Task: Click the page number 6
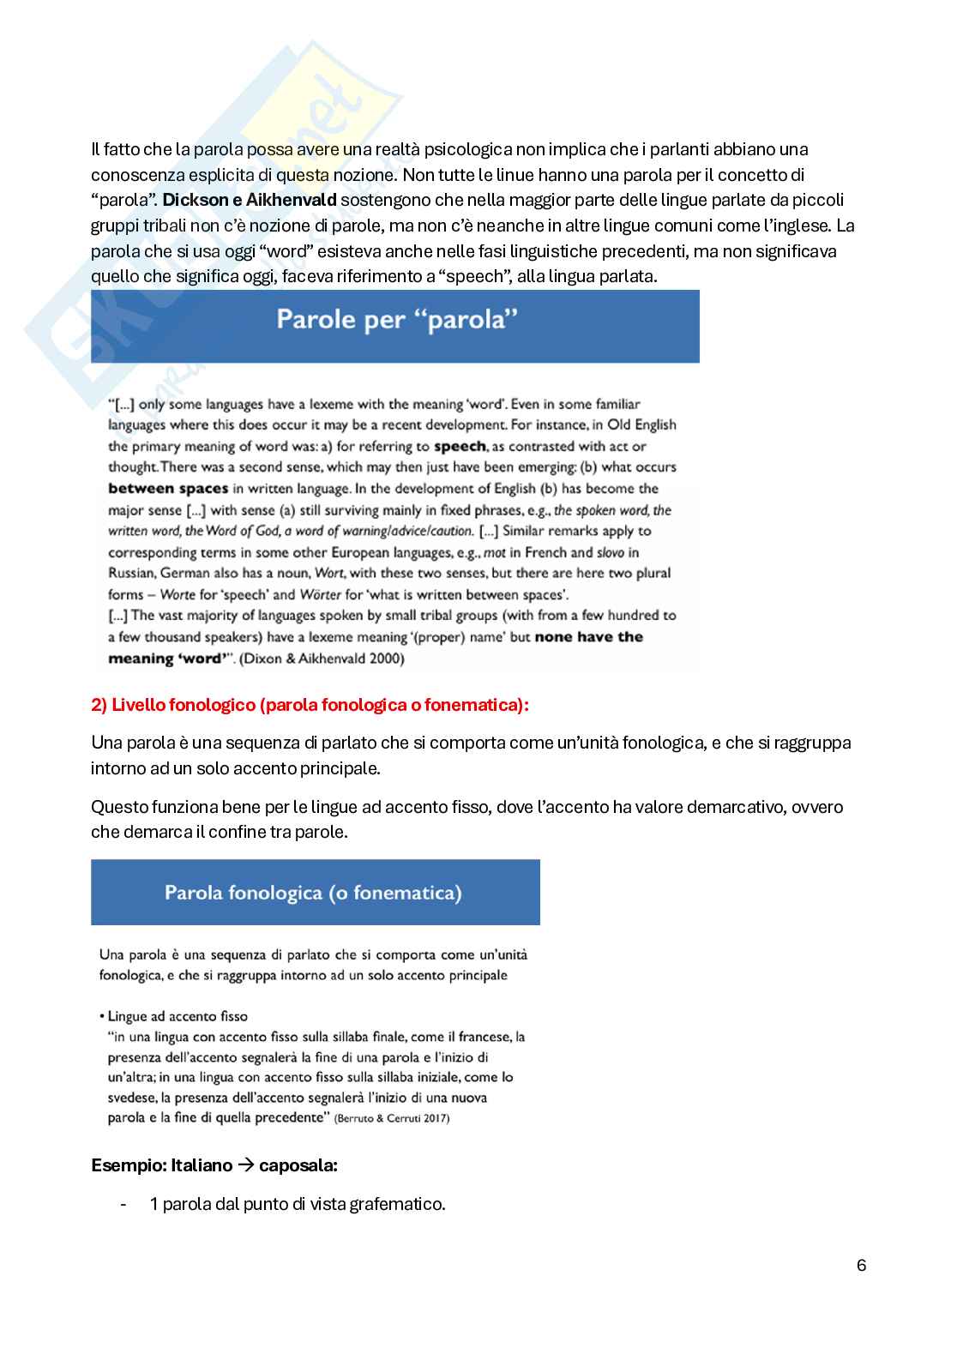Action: pos(861,1266)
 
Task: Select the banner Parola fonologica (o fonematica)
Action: pos(313,893)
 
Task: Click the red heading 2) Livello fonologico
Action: pos(310,705)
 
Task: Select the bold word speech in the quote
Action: pos(460,446)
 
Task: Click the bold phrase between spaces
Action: pos(168,489)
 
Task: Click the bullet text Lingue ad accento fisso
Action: pos(178,1016)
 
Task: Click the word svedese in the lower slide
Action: pos(128,1098)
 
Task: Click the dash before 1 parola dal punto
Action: pos(125,1204)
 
